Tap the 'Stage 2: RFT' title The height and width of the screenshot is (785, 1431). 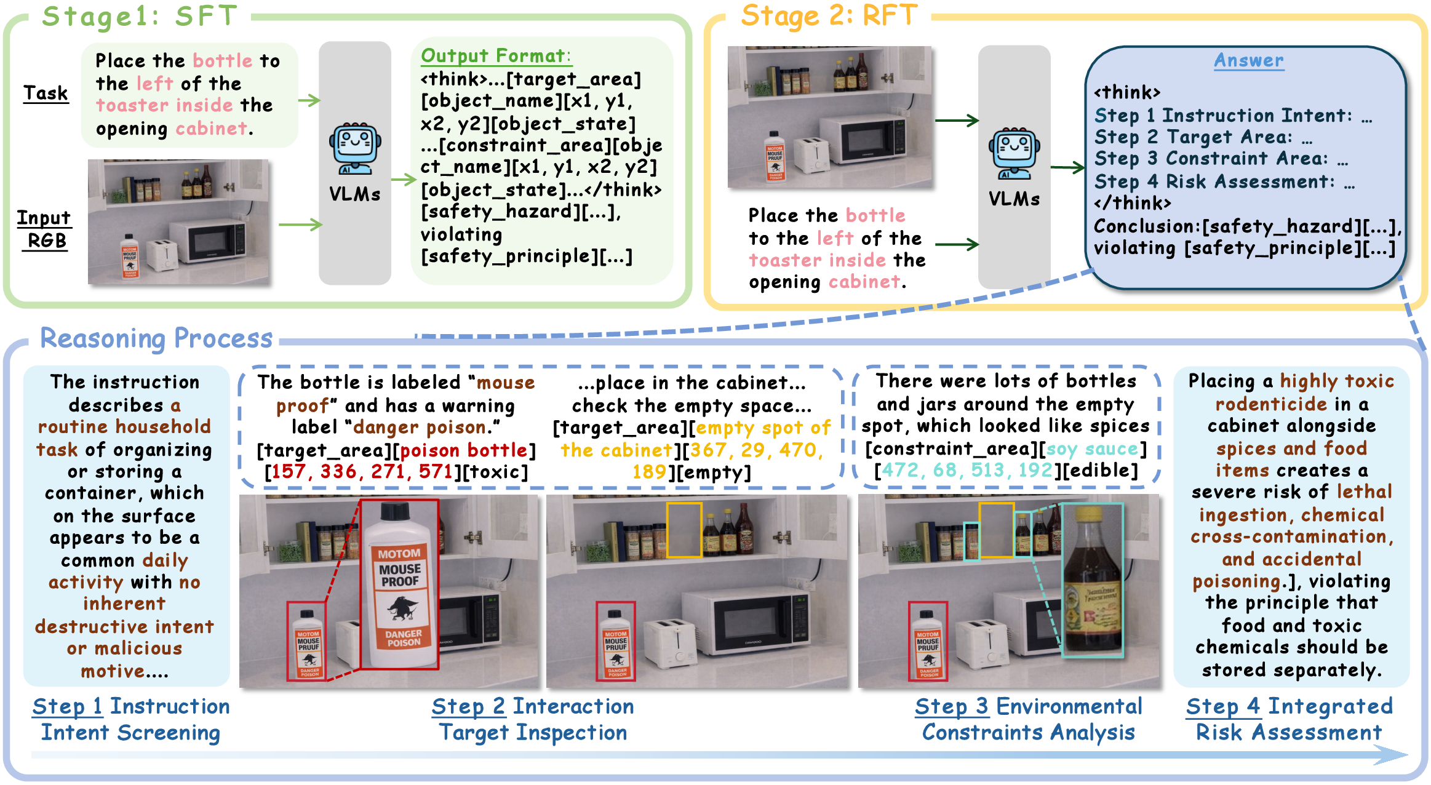pos(829,16)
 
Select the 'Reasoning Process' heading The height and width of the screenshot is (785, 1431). pos(156,338)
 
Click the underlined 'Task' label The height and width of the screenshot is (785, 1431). pos(46,93)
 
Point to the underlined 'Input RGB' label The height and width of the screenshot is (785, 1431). pos(44,229)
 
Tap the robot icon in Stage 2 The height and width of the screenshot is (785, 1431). pos(1014,153)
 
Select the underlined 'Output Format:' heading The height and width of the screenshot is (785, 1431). pos(496,56)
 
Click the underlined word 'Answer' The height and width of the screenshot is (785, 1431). pos(1248,60)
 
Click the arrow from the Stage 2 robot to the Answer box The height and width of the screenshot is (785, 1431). pos(1067,167)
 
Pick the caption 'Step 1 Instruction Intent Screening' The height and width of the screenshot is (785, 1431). pos(131,719)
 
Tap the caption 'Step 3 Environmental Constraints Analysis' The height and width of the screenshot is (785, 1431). pos(1028,719)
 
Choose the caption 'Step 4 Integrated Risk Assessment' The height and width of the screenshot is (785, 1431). pos(1289,719)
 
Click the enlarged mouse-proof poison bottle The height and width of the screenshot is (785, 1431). pos(400,584)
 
